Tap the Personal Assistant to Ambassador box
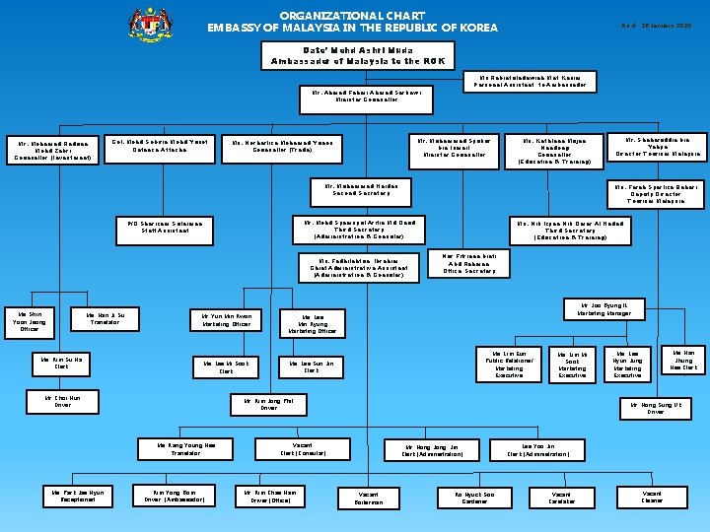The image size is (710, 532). [x=532, y=81]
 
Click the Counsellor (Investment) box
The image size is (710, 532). [x=49, y=150]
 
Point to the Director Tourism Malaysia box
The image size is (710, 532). [x=659, y=147]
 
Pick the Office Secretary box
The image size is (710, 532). [x=469, y=263]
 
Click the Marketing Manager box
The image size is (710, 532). [x=603, y=309]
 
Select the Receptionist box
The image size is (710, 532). [x=77, y=495]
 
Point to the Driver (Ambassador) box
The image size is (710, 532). [x=175, y=495]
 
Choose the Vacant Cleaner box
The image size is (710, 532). [x=653, y=497]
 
